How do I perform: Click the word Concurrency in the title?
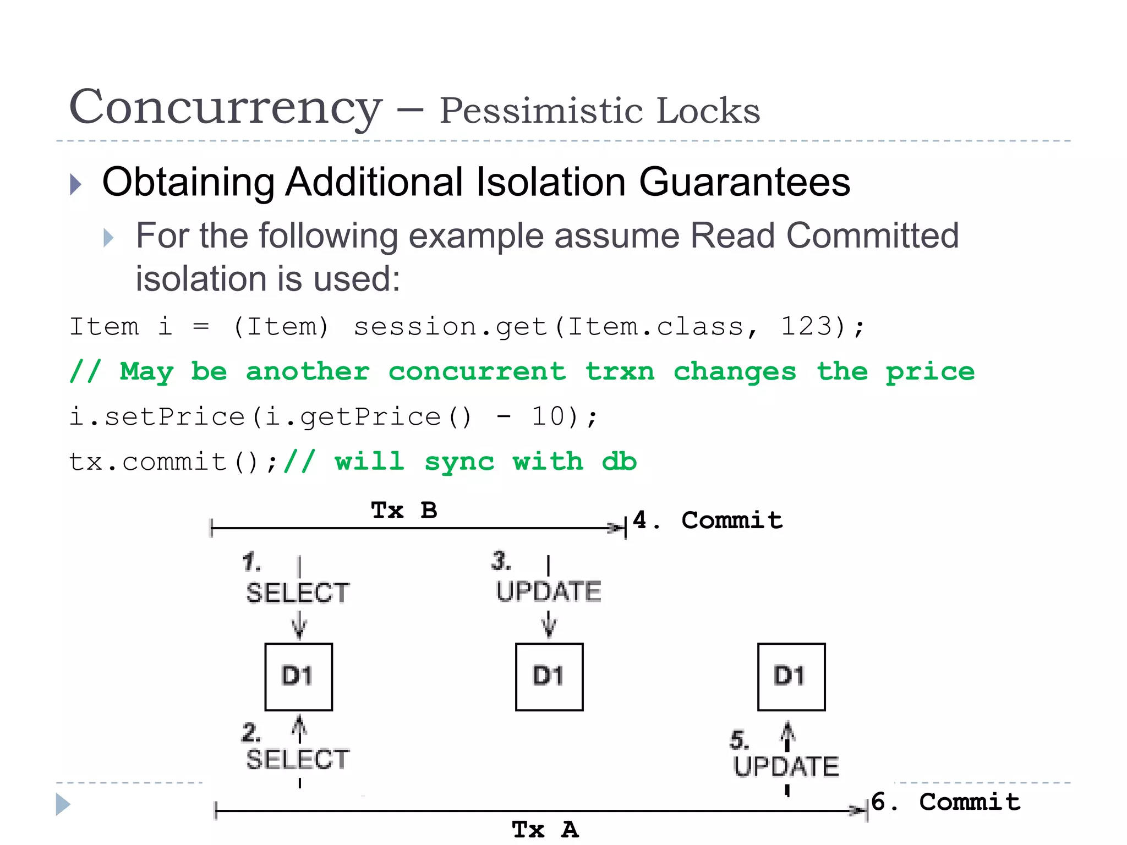tap(226, 108)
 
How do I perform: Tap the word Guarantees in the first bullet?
tap(744, 182)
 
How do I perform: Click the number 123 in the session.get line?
tap(806, 326)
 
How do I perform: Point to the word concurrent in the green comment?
tap(477, 371)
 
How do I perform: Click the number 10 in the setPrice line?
tap(548, 416)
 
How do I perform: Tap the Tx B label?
tap(404, 511)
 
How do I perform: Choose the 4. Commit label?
tap(708, 520)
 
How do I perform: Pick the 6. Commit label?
tap(946, 802)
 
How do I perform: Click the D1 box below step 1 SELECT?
tap(298, 677)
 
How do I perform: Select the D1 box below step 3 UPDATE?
tap(549, 677)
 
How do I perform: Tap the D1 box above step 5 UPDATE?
tap(791, 677)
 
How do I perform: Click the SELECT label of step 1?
tap(298, 593)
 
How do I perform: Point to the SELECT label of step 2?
tap(298, 760)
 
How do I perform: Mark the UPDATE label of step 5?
tap(786, 766)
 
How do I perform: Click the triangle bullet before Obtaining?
tap(76, 184)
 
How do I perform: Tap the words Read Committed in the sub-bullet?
tap(824, 236)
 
